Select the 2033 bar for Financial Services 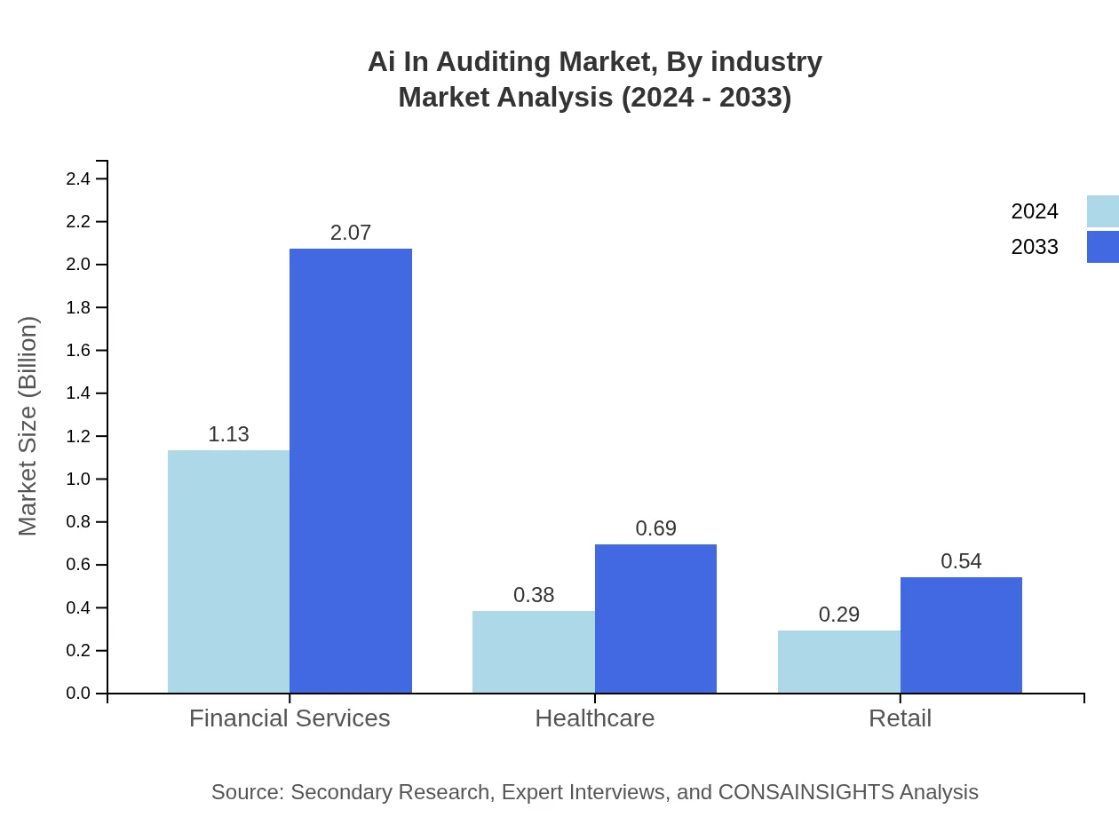pyautogui.click(x=351, y=471)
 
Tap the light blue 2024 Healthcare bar pyautogui.click(x=534, y=652)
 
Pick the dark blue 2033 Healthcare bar pyautogui.click(x=655, y=618)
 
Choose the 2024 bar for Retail pyautogui.click(x=839, y=662)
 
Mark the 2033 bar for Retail pyautogui.click(x=961, y=635)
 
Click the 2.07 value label pyautogui.click(x=351, y=233)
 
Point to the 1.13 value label pyautogui.click(x=228, y=434)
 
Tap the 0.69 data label pyautogui.click(x=655, y=528)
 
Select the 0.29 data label pyautogui.click(x=839, y=615)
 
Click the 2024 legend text pyautogui.click(x=1035, y=211)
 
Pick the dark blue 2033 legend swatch pyautogui.click(x=1102, y=247)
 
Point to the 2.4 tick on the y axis pyautogui.click(x=78, y=179)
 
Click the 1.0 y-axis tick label pyautogui.click(x=78, y=480)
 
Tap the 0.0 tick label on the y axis pyautogui.click(x=78, y=694)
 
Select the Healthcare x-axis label pyautogui.click(x=595, y=718)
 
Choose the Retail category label pyautogui.click(x=900, y=718)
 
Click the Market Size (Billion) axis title pyautogui.click(x=28, y=426)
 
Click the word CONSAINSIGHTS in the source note pyautogui.click(x=806, y=792)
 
